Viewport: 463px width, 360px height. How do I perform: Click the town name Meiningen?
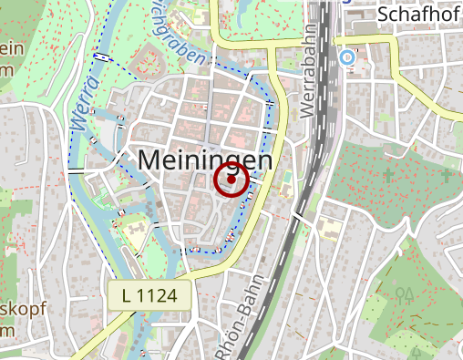pyautogui.click(x=206, y=160)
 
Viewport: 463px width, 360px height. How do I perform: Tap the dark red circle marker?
pyautogui.click(x=231, y=180)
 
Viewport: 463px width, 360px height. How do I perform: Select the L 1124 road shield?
pyautogui.click(x=149, y=294)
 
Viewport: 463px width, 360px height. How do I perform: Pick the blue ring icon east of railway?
pyautogui.click(x=346, y=57)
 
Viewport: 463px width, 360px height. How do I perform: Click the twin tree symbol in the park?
pyautogui.click(x=404, y=294)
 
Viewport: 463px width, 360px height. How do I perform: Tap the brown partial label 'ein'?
pyautogui.click(x=11, y=51)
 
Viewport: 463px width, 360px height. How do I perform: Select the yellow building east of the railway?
pyautogui.click(x=327, y=224)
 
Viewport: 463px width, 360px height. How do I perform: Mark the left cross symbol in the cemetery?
pyautogui.click(x=389, y=174)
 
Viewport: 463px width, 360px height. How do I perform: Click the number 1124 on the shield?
pyautogui.click(x=161, y=294)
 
